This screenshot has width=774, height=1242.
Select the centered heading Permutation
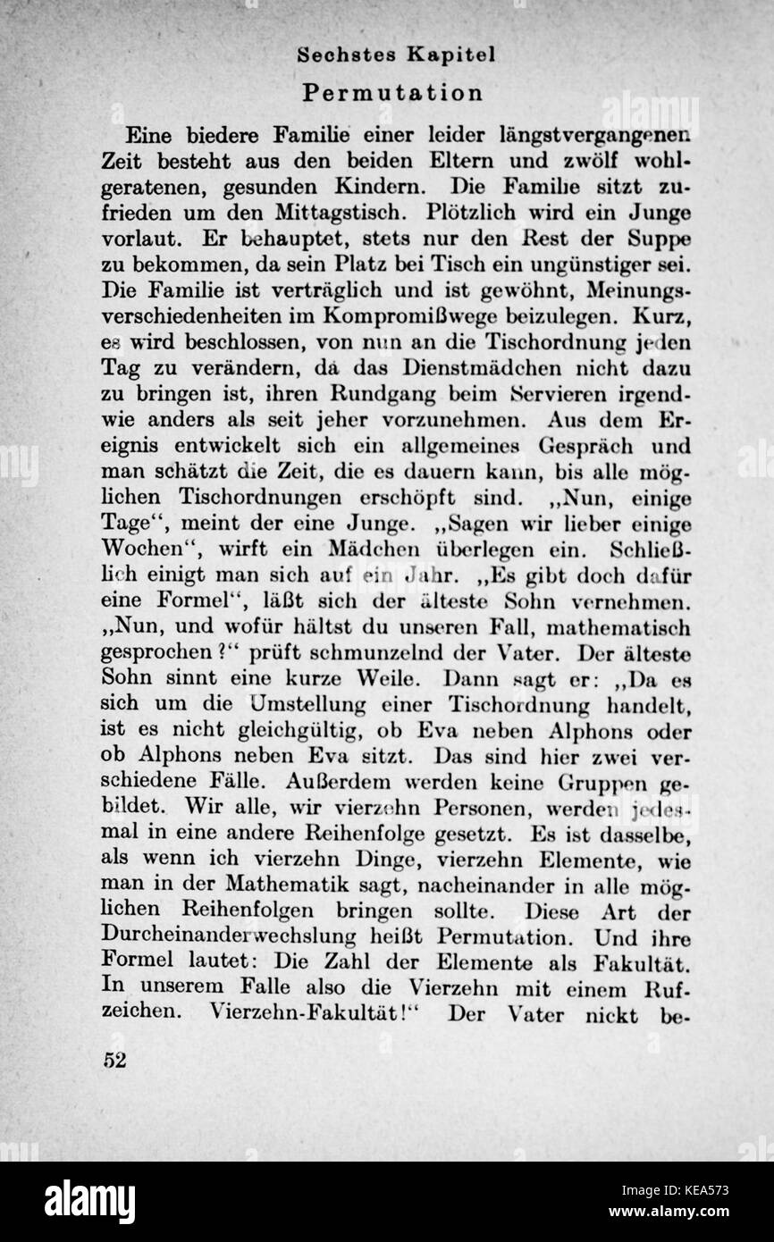point(392,93)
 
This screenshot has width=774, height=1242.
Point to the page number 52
point(115,1061)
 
